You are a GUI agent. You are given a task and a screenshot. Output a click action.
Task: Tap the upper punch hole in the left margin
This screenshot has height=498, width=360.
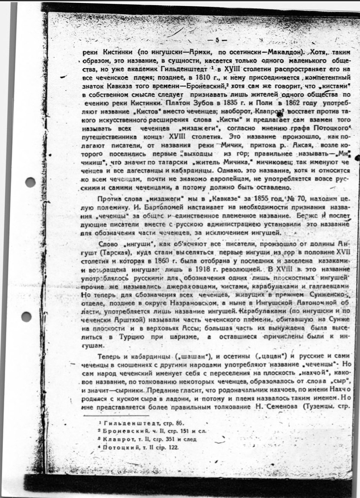coord(30,182)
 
